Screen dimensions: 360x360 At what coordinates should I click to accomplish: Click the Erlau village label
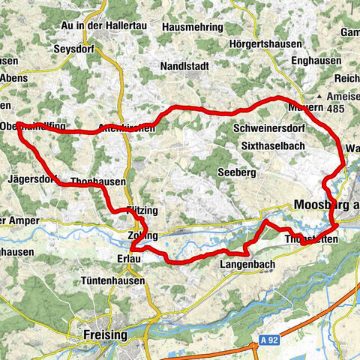tap(129, 258)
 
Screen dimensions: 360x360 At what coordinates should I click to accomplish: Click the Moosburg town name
tap(326, 204)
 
